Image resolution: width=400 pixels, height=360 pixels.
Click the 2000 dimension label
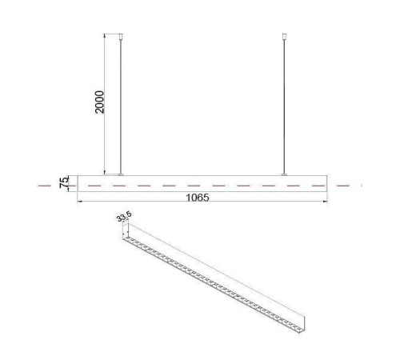pos(99,102)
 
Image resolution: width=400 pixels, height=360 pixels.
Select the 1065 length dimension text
pos(198,198)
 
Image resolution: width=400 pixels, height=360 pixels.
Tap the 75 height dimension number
pos(64,182)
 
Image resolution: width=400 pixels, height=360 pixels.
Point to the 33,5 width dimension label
pos(124,216)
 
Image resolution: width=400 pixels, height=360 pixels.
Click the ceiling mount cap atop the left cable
pos(121,37)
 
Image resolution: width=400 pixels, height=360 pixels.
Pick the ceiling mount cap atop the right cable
pos(284,37)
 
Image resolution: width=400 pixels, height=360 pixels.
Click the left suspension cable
pos(121,106)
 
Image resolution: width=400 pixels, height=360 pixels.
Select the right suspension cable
pos(284,106)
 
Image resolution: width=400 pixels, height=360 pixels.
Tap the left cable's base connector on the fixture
pos(121,174)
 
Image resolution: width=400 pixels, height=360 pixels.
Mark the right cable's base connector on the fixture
pos(284,174)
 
